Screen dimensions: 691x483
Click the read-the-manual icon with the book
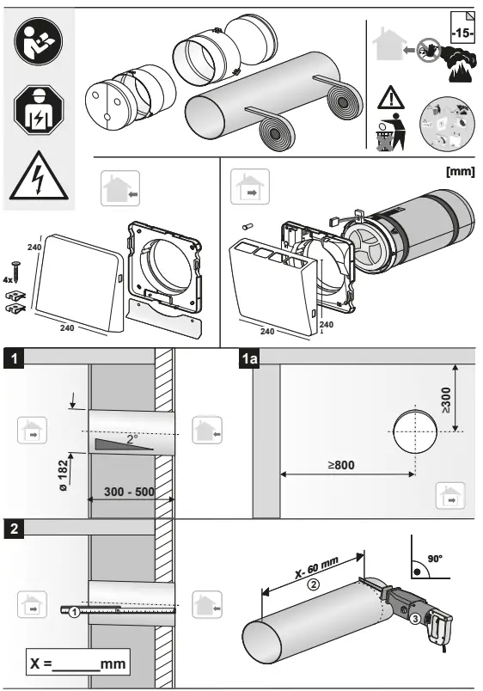[x=38, y=43]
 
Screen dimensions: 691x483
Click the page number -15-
[x=461, y=34]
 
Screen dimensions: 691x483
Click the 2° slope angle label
[x=131, y=437]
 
